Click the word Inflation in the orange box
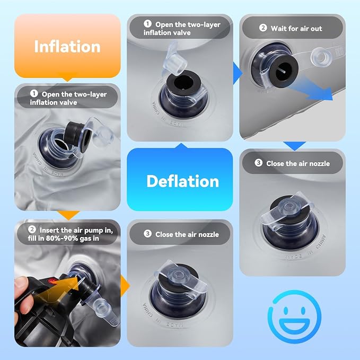click(67, 47)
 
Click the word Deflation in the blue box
click(183, 181)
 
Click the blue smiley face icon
click(295, 317)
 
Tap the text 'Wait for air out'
click(296, 29)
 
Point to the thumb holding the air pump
click(22, 284)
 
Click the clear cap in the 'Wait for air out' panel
click(321, 56)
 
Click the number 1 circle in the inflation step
click(34, 93)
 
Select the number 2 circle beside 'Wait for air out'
click(263, 28)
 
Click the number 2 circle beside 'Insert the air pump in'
click(32, 230)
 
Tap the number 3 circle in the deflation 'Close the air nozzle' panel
click(259, 163)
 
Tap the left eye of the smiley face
click(286, 311)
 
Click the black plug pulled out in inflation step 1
click(76, 133)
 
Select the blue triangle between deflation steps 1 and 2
click(238, 74)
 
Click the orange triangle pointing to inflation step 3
click(125, 286)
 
